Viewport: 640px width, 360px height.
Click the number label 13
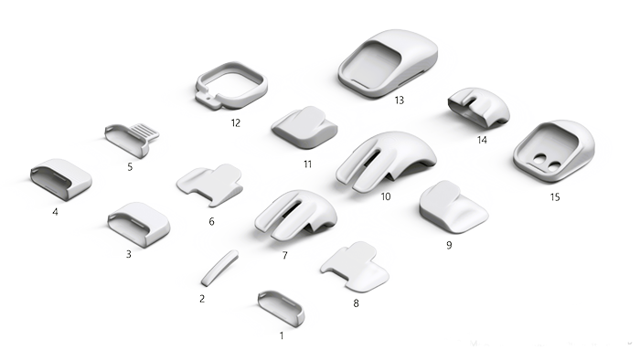[x=399, y=101]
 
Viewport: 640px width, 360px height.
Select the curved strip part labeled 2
[x=219, y=267]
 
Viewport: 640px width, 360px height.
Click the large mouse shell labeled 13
[x=388, y=62]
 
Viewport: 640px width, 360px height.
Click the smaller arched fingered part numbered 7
[x=294, y=217]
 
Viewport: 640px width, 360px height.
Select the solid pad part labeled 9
[x=453, y=209]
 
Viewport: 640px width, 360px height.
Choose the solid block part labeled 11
[x=304, y=126]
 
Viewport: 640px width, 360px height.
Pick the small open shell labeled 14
[x=477, y=108]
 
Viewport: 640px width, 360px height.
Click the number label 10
[x=386, y=196]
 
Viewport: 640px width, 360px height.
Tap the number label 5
[x=130, y=167]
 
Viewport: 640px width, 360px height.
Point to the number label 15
[x=555, y=196]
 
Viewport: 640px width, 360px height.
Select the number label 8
[x=356, y=302]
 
